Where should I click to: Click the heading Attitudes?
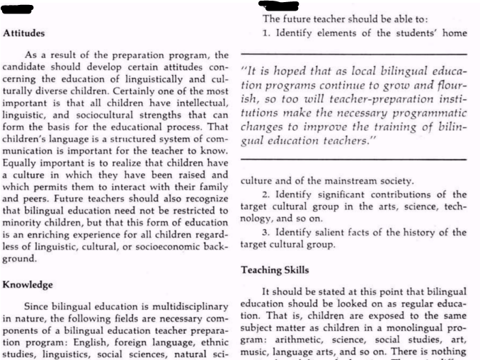24,33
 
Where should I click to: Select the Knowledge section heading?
28,284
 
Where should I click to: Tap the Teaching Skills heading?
275,270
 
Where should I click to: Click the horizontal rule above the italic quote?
354,54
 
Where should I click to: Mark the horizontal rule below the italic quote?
354,159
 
